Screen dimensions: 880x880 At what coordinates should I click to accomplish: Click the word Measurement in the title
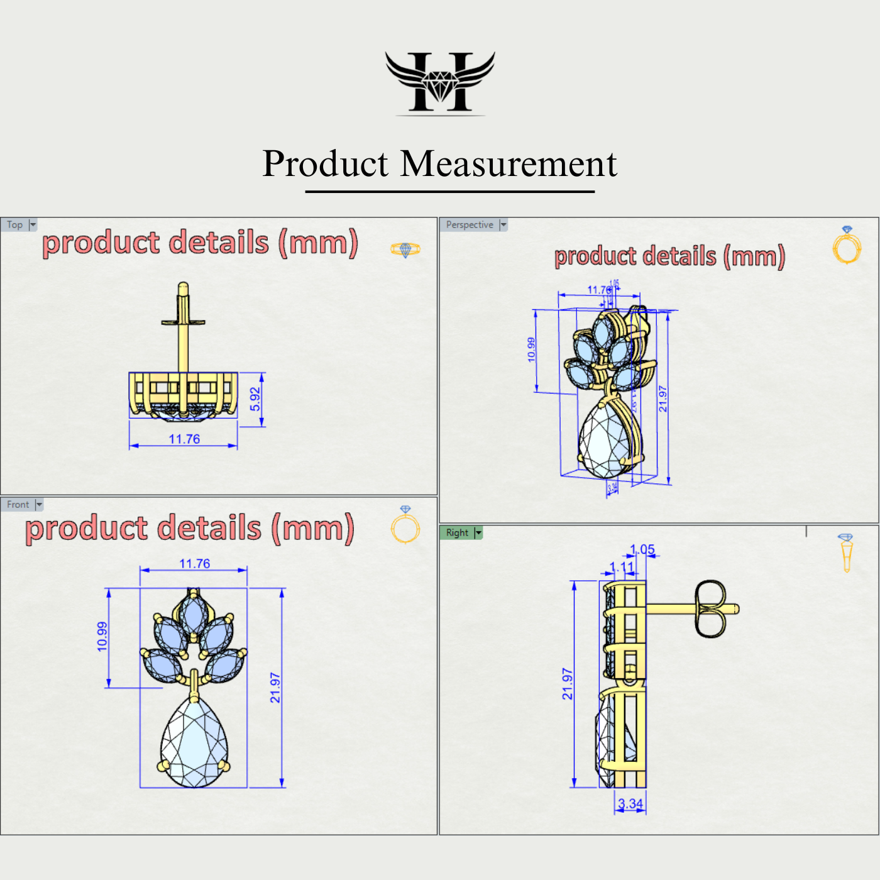[x=509, y=164]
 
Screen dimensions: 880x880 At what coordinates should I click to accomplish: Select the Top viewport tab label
[x=15, y=225]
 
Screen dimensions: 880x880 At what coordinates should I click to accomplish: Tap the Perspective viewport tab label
[x=470, y=225]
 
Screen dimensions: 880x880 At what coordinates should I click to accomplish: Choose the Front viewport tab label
[x=18, y=505]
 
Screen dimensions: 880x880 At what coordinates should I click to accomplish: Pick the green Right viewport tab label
[x=457, y=533]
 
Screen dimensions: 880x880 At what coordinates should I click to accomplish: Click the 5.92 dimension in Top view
[x=255, y=399]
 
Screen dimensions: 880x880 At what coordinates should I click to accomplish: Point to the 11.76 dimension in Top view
[x=184, y=439]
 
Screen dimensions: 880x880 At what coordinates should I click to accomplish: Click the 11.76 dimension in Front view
[x=195, y=564]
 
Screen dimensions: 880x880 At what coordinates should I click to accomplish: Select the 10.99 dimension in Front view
[x=102, y=636]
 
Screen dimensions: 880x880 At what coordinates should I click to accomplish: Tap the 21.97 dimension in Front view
[x=275, y=688]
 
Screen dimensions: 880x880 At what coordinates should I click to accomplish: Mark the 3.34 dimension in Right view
[x=630, y=803]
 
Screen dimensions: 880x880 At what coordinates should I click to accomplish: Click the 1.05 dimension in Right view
[x=642, y=549]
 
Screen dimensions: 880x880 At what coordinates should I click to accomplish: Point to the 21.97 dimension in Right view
[x=568, y=684]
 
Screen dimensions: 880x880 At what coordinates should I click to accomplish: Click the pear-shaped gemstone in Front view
[x=194, y=745]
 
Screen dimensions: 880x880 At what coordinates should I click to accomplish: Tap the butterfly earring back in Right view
[x=711, y=608]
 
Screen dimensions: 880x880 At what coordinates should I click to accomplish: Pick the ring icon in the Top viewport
[x=405, y=250]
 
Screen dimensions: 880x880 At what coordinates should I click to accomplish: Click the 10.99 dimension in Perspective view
[x=532, y=349]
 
